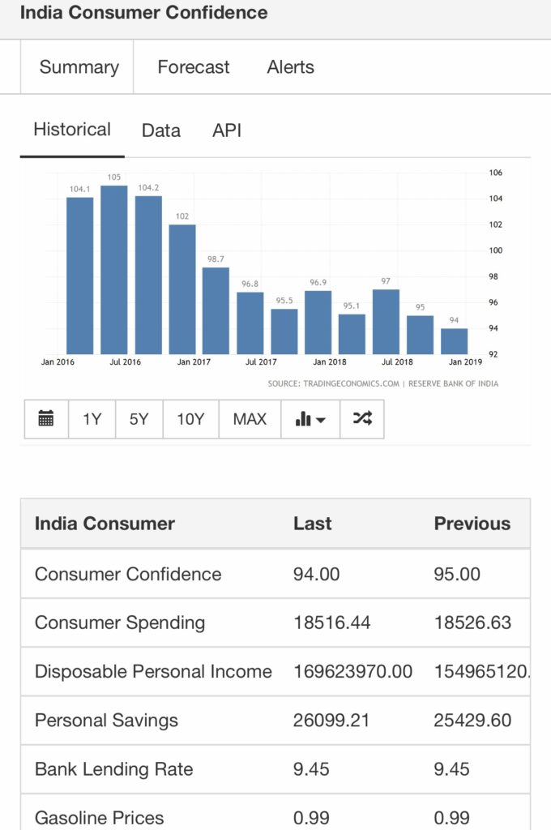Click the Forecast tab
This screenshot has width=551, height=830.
point(193,67)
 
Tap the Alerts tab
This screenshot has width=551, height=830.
point(290,67)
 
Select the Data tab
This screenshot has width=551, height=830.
point(160,130)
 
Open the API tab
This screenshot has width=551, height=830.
point(227,130)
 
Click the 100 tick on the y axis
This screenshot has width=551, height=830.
point(495,250)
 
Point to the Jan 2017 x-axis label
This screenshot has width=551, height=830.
point(194,362)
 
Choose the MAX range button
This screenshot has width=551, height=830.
point(250,419)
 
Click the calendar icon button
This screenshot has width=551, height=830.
point(46,419)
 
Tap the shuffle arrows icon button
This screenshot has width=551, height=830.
point(362,419)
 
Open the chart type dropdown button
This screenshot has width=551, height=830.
point(310,419)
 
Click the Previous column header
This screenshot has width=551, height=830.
point(472,524)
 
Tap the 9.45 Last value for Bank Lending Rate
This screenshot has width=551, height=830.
point(311,768)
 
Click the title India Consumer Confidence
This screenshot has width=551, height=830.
point(143,13)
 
